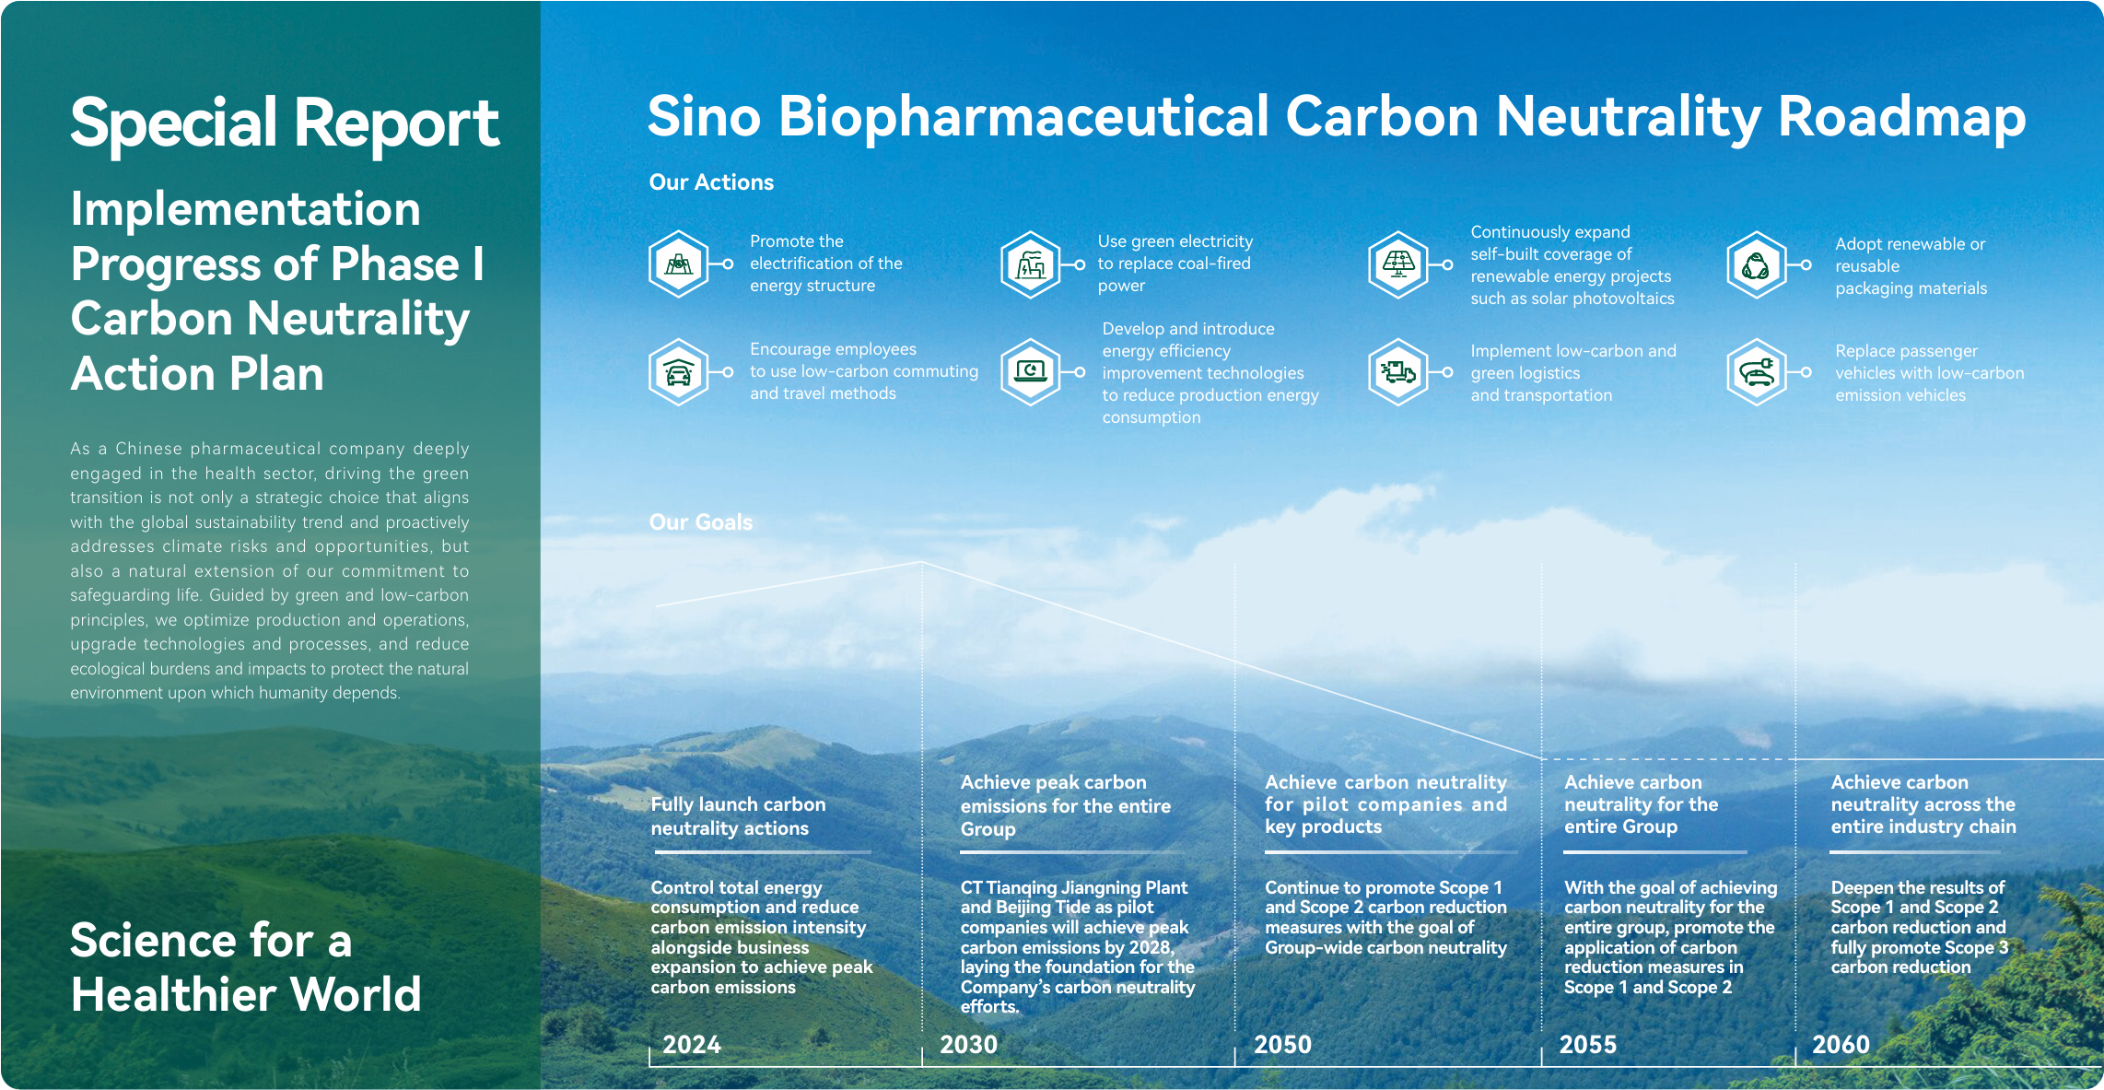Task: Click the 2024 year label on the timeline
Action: pyautogui.click(x=692, y=1045)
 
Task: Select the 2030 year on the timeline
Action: pyautogui.click(x=968, y=1045)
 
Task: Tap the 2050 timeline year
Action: pyautogui.click(x=1282, y=1045)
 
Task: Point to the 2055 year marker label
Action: pyautogui.click(x=1588, y=1045)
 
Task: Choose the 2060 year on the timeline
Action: pyautogui.click(x=1841, y=1045)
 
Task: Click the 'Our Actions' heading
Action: pyautogui.click(x=711, y=182)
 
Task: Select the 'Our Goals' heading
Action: pyautogui.click(x=701, y=522)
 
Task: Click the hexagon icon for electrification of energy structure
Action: pyautogui.click(x=679, y=264)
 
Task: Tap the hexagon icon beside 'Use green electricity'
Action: pyautogui.click(x=1031, y=264)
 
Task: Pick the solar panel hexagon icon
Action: pyautogui.click(x=1398, y=264)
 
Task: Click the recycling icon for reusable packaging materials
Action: pyautogui.click(x=1757, y=264)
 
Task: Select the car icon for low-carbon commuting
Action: pyautogui.click(x=679, y=372)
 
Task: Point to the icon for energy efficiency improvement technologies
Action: pyautogui.click(x=1031, y=372)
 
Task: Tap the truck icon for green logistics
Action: pyautogui.click(x=1398, y=372)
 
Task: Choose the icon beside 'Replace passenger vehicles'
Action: pyautogui.click(x=1757, y=372)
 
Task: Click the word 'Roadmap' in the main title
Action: pyautogui.click(x=1901, y=118)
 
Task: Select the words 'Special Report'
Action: pyautogui.click(x=285, y=123)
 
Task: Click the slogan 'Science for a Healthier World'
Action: pyautogui.click(x=246, y=967)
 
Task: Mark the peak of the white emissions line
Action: pyautogui.click(x=921, y=562)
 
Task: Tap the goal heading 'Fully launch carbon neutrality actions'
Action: pyautogui.click(x=739, y=816)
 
